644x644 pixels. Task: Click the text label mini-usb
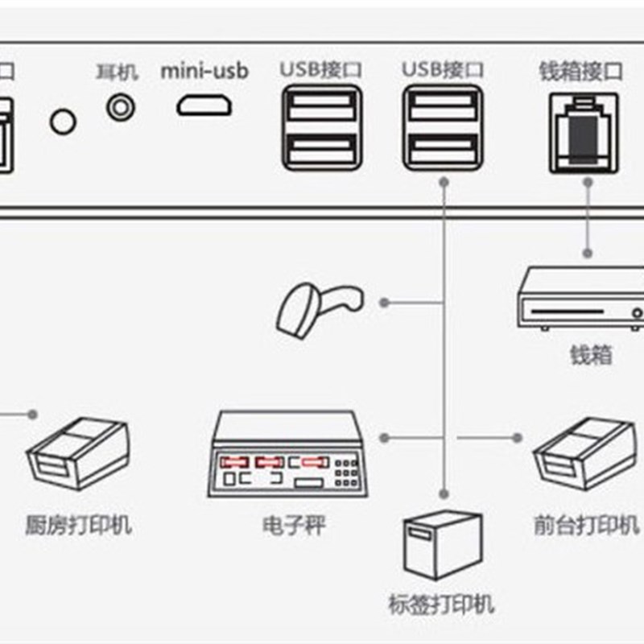[x=204, y=70]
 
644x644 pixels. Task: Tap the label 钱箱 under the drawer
[x=590, y=354]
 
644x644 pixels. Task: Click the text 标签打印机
[x=441, y=605]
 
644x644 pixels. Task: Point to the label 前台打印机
[x=586, y=526]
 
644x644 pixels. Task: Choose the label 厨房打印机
[x=78, y=526]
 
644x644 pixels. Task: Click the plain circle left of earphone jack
[x=63, y=122]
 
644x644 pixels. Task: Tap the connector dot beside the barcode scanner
[x=385, y=303]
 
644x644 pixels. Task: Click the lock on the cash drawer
[x=638, y=312]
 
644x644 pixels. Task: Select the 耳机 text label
[x=117, y=72]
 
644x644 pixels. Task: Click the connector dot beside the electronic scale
[x=385, y=439]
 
